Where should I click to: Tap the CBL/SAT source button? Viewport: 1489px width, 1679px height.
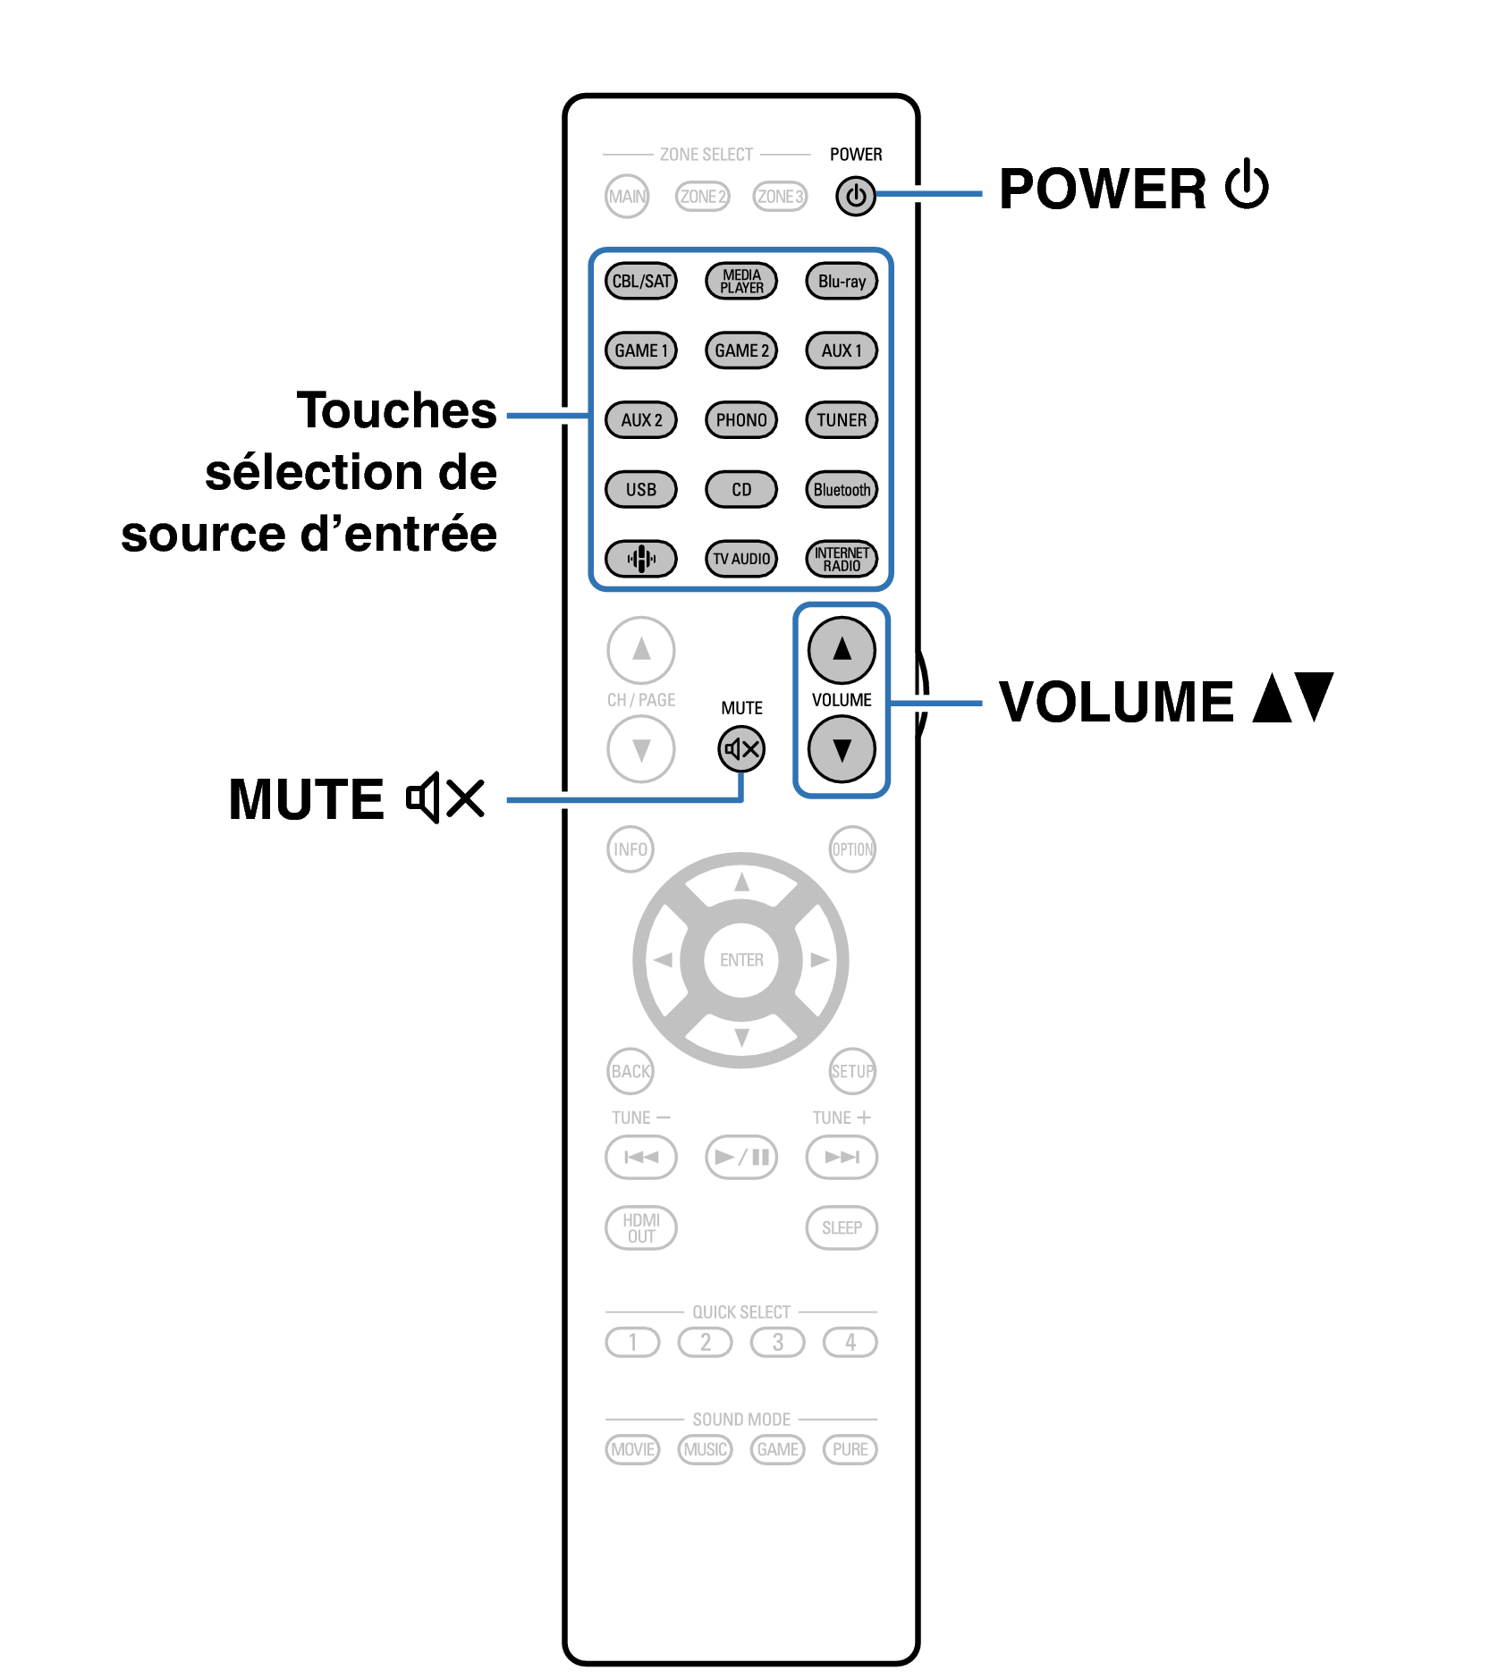tap(641, 281)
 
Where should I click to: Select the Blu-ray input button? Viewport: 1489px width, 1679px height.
tap(842, 281)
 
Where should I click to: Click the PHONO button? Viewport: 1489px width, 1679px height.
tap(741, 419)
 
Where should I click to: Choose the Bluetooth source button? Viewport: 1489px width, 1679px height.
tap(842, 489)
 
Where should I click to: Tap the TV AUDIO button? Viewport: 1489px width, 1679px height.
tap(741, 559)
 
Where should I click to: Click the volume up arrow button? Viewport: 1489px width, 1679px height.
tap(842, 649)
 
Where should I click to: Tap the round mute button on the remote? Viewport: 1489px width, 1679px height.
tap(741, 749)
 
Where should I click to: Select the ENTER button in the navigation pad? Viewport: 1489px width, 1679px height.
tap(741, 959)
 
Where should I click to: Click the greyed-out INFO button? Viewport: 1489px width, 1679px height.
tap(630, 848)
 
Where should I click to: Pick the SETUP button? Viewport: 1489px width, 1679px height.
tap(852, 1070)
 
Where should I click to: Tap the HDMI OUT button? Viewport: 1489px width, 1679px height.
tap(641, 1228)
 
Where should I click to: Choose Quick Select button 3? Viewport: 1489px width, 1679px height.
tap(778, 1342)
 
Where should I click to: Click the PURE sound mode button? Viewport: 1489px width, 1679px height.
tap(850, 1449)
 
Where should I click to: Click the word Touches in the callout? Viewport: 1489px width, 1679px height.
tap(396, 410)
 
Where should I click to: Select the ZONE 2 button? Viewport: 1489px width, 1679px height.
tap(703, 196)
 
